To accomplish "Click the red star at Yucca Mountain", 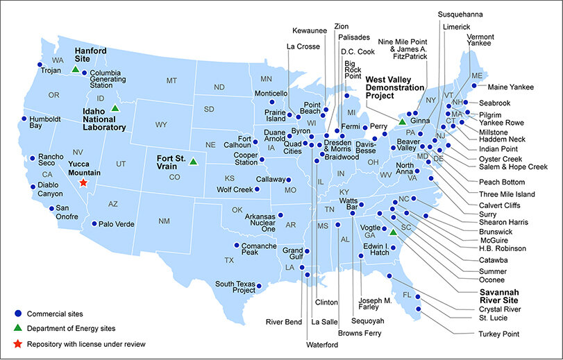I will click(83, 182).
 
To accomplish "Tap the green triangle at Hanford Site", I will click(75, 69).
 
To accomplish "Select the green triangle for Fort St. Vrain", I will click(193, 162).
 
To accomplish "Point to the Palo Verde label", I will click(117, 223).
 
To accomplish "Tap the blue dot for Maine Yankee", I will click(474, 86).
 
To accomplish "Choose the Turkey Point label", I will click(498, 334).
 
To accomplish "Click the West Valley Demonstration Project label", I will click(394, 87).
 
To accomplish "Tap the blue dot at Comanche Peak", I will click(237, 246).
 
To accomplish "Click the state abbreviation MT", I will click(171, 80).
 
